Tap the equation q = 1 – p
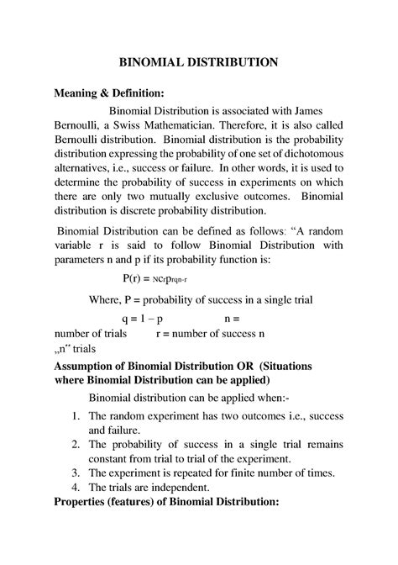(x=139, y=319)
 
